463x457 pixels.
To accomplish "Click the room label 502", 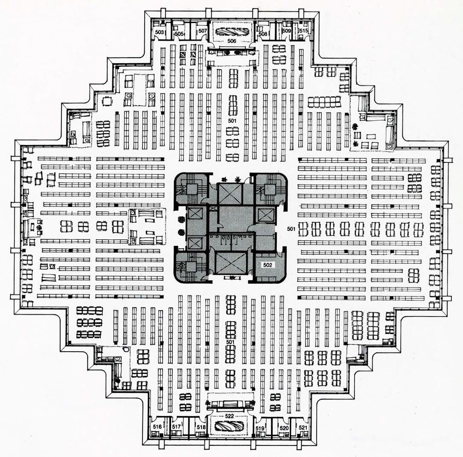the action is tap(268, 265).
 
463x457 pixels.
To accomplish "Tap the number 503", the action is tap(160, 32).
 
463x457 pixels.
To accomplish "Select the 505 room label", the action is tap(179, 34).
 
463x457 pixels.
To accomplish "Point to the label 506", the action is tap(232, 41).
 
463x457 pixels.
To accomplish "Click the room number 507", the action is tap(203, 31).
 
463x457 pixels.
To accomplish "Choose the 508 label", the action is tap(263, 34).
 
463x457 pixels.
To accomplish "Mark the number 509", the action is tap(287, 31).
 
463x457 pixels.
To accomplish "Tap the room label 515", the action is tap(303, 31).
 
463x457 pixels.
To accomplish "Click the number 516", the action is tap(157, 427).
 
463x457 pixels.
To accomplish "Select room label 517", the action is tap(176, 427).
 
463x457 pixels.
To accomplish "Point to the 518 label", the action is tap(201, 427).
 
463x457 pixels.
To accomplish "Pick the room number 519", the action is tap(260, 428).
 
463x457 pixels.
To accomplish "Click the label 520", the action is tap(284, 428).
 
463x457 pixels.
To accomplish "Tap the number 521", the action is tap(303, 428).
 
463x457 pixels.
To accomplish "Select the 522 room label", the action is tap(230, 416).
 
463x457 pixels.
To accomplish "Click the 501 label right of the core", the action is tap(291, 229).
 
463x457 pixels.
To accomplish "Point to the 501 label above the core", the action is tap(233, 120).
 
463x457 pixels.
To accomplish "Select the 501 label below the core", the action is tap(230, 342).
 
